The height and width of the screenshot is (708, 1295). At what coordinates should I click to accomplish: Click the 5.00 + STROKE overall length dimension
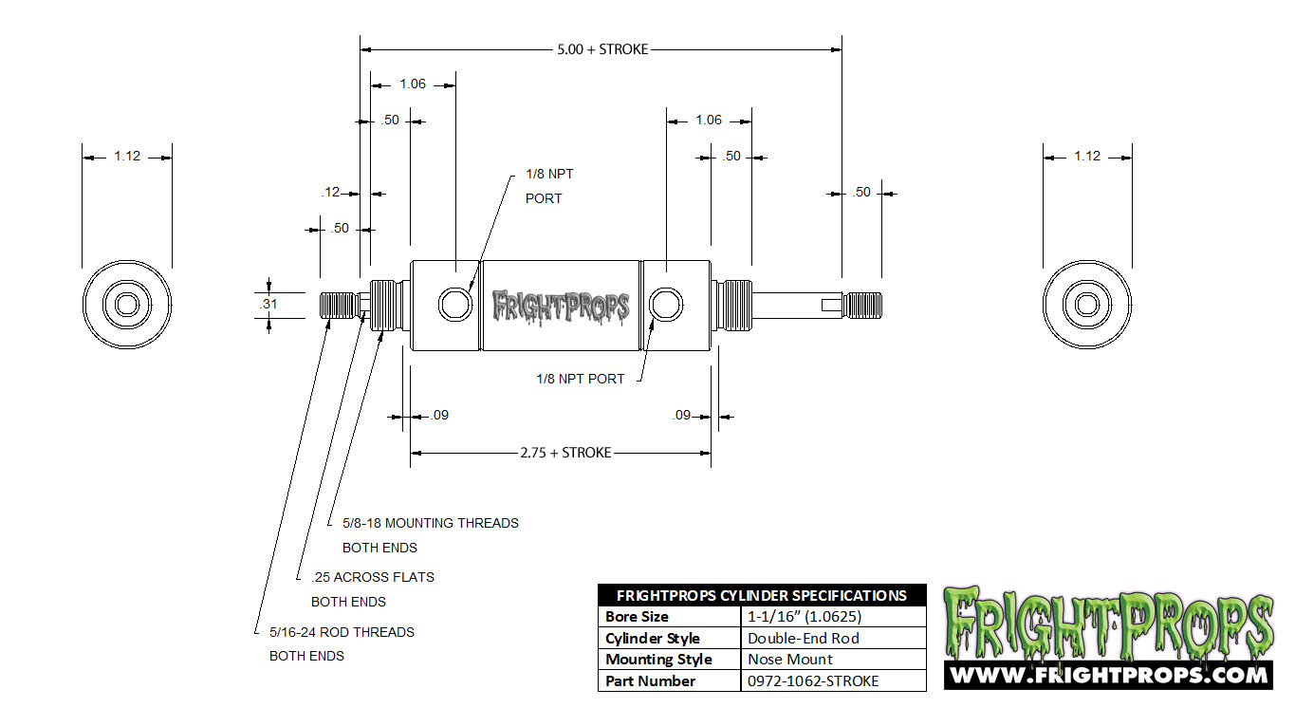602,48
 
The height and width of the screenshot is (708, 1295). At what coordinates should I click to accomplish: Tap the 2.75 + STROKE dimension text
565,453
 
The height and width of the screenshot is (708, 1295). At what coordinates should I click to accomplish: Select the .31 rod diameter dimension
268,304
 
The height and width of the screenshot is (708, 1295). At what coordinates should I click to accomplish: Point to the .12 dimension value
330,193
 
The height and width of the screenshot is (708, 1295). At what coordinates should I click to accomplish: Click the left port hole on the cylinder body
453,305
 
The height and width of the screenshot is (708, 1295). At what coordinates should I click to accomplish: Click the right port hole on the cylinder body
667,305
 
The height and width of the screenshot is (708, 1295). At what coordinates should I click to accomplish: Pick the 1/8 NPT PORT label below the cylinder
580,379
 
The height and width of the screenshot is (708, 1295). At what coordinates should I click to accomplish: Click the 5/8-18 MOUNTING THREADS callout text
431,523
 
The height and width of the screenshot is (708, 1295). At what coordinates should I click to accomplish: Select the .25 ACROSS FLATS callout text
373,577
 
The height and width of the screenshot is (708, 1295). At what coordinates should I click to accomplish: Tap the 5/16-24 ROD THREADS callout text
342,632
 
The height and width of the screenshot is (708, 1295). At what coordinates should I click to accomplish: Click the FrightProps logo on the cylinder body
562,306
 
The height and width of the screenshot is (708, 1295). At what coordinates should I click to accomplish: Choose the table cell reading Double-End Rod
804,638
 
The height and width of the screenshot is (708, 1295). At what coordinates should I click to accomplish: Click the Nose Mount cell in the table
790,659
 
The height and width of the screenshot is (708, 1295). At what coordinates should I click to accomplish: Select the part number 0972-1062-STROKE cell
813,680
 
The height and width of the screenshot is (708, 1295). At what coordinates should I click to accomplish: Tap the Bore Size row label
637,617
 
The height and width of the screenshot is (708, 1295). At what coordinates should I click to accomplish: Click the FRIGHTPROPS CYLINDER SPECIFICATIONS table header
761,595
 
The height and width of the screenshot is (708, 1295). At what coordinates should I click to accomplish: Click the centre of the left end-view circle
127,305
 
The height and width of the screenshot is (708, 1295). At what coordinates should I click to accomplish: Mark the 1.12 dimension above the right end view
1087,156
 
